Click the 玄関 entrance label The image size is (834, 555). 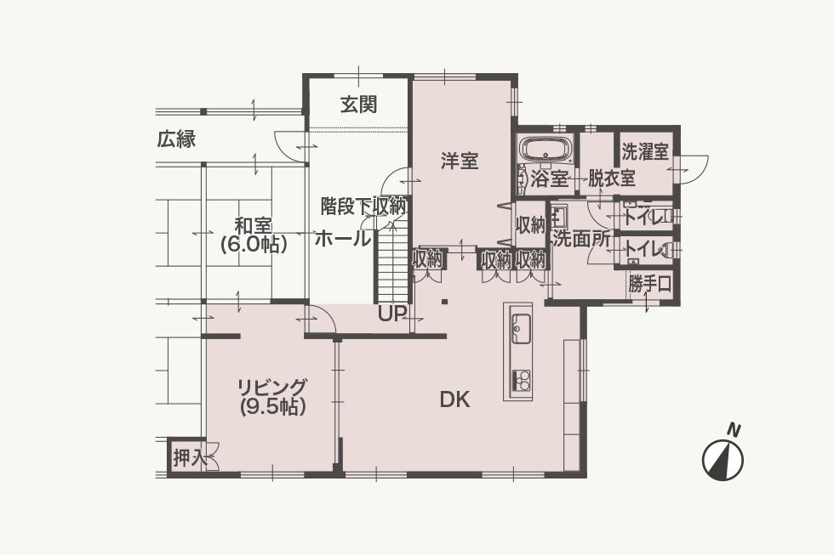358,105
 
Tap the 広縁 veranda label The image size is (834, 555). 176,139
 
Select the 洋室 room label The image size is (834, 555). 459,161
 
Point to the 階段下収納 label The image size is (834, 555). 364,206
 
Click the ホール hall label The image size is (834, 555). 342,239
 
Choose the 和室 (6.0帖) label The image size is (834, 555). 254,235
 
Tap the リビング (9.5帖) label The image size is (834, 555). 272,397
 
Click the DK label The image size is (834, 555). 454,399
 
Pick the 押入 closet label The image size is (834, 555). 189,458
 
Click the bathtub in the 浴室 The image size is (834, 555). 546,150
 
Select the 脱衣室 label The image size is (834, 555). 611,178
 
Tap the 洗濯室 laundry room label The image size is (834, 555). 645,152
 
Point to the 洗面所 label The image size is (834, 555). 580,240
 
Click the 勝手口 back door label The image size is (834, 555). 649,284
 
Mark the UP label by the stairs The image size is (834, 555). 392,314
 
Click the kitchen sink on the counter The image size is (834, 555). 521,327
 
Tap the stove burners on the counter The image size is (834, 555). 521,380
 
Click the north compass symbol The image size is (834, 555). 723,460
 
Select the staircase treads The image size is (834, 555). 392,264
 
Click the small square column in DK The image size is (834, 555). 444,303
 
